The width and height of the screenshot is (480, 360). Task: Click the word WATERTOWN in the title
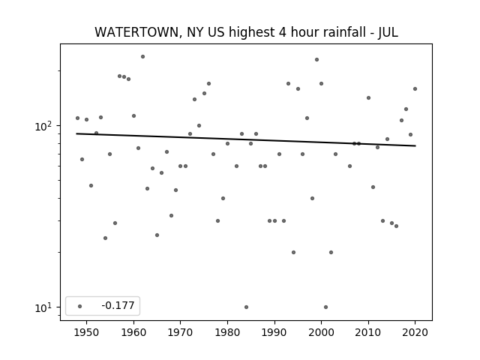(136, 32)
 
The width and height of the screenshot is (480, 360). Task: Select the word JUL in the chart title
(388, 32)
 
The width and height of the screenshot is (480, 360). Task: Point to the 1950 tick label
(87, 332)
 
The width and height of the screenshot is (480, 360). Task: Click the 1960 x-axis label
(133, 332)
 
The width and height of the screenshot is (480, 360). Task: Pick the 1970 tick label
(181, 332)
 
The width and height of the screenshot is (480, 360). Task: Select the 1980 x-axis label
(227, 332)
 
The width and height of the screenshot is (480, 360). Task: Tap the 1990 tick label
(274, 332)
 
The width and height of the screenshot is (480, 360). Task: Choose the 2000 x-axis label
(322, 332)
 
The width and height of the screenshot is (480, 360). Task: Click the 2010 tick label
(368, 332)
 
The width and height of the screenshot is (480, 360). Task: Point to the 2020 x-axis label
(415, 332)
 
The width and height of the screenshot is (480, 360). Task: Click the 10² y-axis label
(43, 126)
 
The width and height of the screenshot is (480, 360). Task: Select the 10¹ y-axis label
(43, 307)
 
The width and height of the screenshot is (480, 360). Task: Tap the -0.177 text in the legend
(118, 305)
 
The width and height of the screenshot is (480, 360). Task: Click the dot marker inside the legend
(80, 306)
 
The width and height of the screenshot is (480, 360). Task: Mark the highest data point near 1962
(143, 57)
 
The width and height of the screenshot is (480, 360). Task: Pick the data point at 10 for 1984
(247, 307)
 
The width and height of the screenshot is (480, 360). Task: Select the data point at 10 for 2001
(326, 307)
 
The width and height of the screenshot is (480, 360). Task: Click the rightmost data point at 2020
(415, 88)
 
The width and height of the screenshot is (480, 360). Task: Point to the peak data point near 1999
(316, 60)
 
